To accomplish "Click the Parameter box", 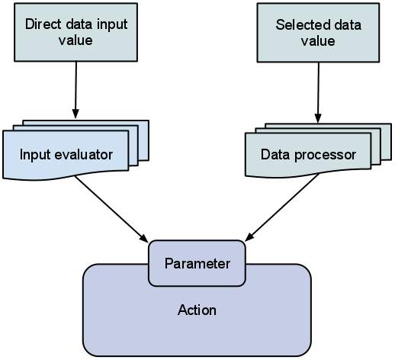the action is pyautogui.click(x=197, y=263).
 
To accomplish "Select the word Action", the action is pyautogui.click(x=197, y=310).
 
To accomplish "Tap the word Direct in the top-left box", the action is pyautogui.click(x=43, y=24).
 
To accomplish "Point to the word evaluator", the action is pyautogui.click(x=84, y=155).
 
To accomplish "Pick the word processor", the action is pyautogui.click(x=325, y=155).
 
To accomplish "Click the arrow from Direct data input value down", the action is pyautogui.click(x=75, y=90).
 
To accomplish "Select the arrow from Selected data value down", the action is pyautogui.click(x=318, y=92).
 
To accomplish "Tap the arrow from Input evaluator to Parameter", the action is pyautogui.click(x=111, y=209).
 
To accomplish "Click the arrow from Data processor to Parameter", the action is pyautogui.click(x=281, y=207).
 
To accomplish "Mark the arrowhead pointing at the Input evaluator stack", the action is pyautogui.click(x=75, y=114).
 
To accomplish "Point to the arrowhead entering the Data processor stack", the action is pyautogui.click(x=318, y=118).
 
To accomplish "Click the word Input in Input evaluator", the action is pyautogui.click(x=36, y=155).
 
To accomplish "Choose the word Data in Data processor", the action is pyautogui.click(x=275, y=155).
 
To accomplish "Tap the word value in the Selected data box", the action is pyautogui.click(x=318, y=41).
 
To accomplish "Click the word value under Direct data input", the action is pyautogui.click(x=75, y=40).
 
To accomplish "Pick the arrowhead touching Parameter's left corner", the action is pyautogui.click(x=144, y=238).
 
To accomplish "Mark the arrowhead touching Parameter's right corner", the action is pyautogui.click(x=249, y=237).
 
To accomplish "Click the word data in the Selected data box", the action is pyautogui.click(x=348, y=25).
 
